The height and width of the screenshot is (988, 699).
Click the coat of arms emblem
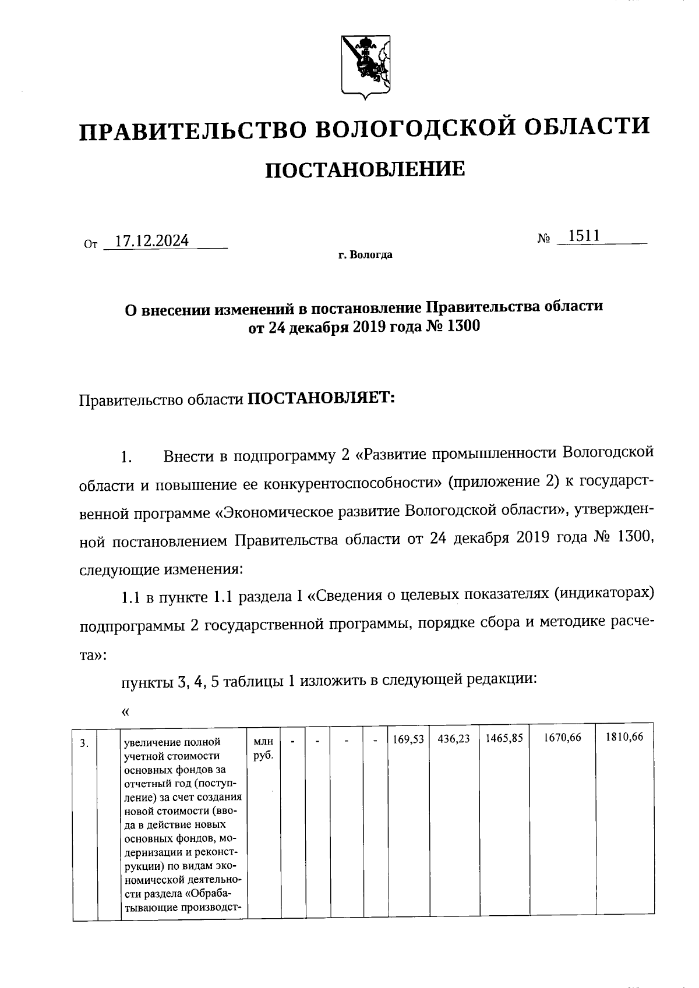(x=365, y=66)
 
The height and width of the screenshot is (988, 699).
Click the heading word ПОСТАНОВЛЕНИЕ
(x=365, y=169)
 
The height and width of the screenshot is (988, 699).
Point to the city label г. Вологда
(x=365, y=255)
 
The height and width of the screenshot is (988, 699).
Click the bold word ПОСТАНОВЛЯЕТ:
(x=322, y=399)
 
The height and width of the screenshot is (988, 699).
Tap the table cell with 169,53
(x=408, y=738)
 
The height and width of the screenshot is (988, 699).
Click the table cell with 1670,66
(x=562, y=738)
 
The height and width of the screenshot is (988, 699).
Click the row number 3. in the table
(x=84, y=743)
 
